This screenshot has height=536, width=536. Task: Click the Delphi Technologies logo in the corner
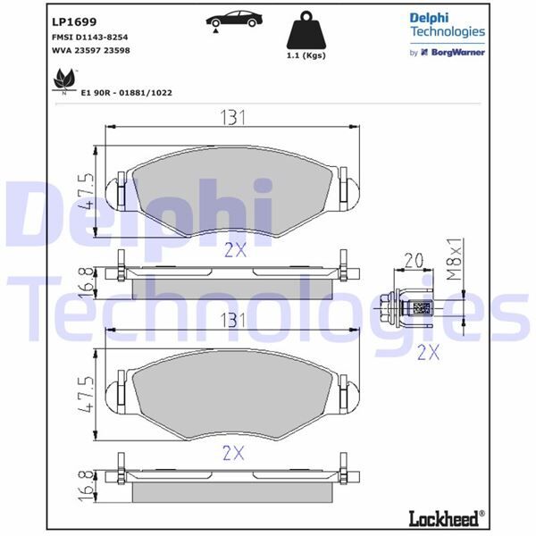pos(447,25)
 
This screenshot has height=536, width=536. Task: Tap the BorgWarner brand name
pos(458,53)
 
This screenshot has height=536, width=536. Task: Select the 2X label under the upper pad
pos(235,250)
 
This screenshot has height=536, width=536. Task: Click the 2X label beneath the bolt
pos(429,352)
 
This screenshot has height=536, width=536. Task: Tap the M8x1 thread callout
pos(455,259)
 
